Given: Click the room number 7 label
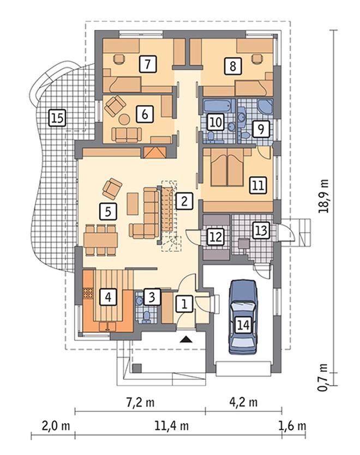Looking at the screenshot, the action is coord(148,64).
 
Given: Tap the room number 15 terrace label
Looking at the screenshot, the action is coord(57,118).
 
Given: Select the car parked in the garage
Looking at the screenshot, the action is coord(243,317).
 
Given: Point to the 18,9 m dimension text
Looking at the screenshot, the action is coord(323,196).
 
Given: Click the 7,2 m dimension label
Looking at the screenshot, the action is coord(141,403).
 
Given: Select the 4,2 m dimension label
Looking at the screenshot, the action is coord(243,403).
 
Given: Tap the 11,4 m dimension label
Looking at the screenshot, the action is coord(171,426).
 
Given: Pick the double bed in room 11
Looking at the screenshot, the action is coord(227,167).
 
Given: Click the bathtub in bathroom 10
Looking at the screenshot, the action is coord(219,106).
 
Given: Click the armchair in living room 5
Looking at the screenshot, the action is coord(112,188).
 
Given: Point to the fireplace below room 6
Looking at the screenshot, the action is coord(154,153).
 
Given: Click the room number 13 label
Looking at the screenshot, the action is coord(261,230).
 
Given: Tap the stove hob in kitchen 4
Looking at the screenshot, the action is coord(88,293).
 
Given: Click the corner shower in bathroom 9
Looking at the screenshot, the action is coord(265,106).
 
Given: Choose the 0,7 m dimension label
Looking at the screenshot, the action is coord(323,377).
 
